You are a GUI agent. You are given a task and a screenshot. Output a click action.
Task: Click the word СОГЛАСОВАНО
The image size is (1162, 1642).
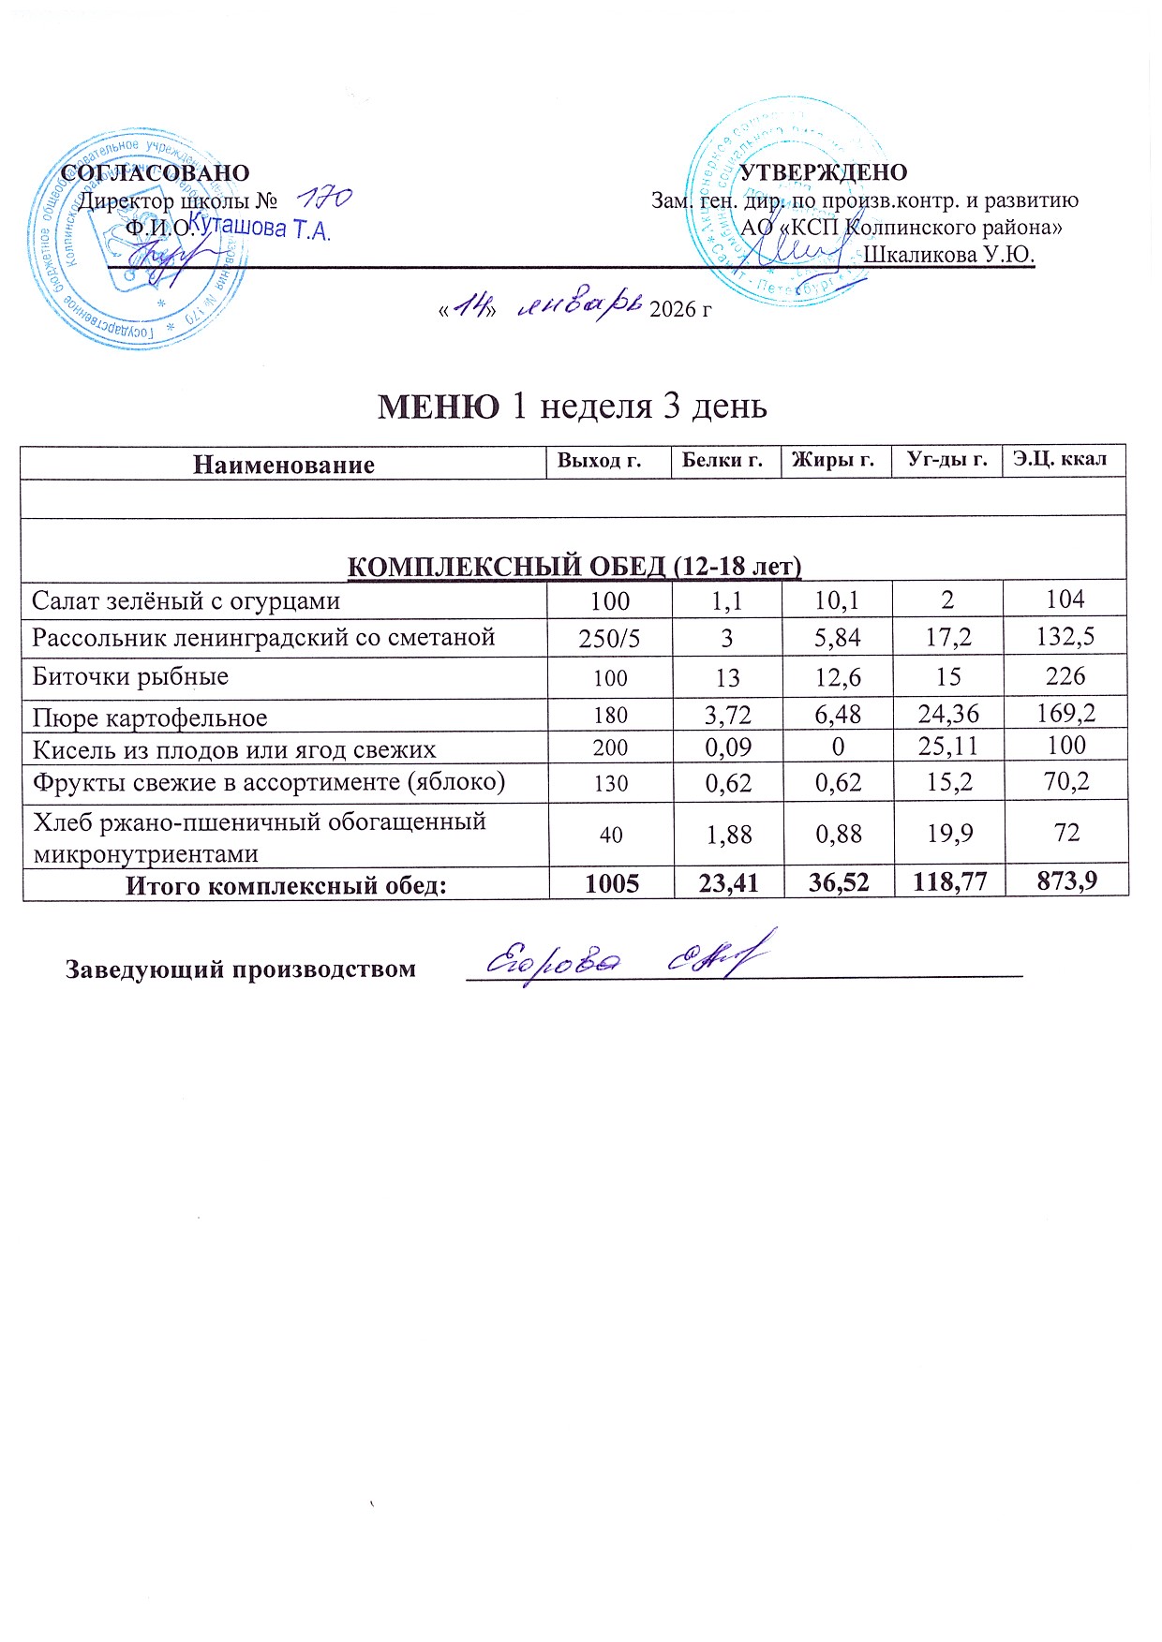[156, 173]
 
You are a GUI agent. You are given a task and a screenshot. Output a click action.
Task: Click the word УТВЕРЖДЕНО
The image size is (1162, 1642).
[824, 172]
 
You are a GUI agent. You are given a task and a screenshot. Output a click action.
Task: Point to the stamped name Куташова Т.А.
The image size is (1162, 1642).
[260, 227]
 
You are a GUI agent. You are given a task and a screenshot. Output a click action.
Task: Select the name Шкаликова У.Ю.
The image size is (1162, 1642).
[948, 255]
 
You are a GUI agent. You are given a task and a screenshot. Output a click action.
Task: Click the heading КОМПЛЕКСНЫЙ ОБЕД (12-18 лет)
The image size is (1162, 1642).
[574, 566]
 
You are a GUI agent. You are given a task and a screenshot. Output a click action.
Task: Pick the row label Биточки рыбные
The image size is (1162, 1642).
[130, 676]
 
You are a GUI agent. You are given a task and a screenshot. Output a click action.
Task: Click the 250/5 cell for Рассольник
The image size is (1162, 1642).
[610, 639]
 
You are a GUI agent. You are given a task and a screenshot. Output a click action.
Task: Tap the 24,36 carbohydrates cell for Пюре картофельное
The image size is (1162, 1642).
[948, 715]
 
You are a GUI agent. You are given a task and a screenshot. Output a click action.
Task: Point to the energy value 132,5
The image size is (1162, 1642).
[1066, 638]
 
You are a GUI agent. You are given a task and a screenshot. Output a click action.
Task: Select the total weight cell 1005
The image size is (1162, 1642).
[612, 883]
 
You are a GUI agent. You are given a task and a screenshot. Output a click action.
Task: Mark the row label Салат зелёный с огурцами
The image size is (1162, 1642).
[186, 600]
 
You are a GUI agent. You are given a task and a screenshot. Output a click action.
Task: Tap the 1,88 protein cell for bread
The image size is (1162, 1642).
[727, 834]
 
